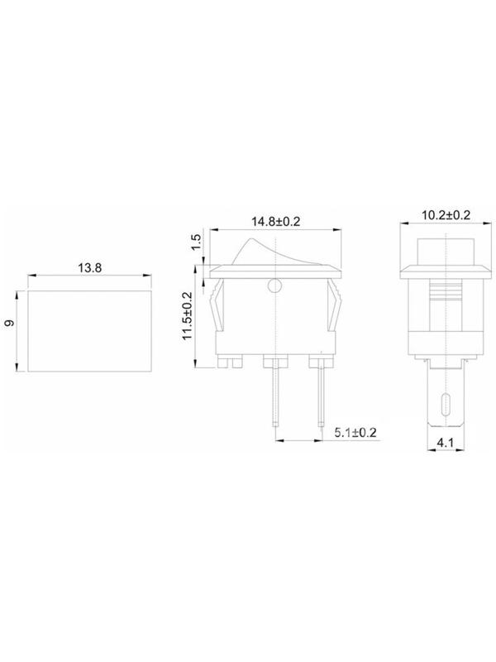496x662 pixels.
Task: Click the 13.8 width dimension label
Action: point(89,267)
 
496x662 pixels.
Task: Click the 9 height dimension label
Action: point(10,323)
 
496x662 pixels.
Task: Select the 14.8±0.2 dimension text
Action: point(276,222)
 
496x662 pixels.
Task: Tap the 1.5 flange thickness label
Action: point(196,242)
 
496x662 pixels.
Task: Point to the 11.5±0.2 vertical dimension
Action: point(188,316)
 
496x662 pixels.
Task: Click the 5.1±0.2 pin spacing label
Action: point(355,432)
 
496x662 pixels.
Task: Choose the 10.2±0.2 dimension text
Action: point(446,215)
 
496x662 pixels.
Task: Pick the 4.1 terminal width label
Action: point(445,443)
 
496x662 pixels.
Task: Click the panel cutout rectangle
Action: point(89,331)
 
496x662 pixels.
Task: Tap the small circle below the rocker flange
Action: point(274,286)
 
